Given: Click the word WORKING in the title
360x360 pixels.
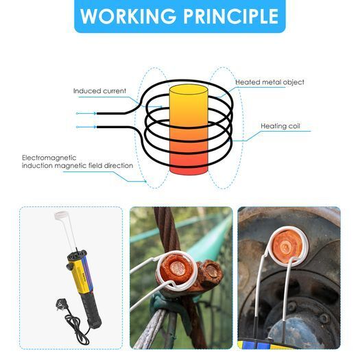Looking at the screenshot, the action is point(128,16).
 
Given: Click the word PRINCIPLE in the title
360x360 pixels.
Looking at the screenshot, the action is point(230,16).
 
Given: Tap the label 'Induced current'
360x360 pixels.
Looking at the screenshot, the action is point(99,91).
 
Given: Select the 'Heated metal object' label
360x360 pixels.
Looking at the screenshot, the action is point(269,82).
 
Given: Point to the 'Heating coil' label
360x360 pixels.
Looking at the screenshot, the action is point(280,126).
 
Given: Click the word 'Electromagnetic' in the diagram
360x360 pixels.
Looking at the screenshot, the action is point(49,158).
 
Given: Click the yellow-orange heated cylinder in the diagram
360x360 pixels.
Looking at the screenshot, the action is point(189,130).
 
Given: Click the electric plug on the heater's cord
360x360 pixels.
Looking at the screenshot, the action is point(61,304).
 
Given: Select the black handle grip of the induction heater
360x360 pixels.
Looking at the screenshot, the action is point(91,309).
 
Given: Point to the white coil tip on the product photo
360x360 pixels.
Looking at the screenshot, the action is point(60,215).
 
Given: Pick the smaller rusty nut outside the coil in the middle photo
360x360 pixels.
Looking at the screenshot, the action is point(210,272).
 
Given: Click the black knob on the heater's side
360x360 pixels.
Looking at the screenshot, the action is point(69,267).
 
